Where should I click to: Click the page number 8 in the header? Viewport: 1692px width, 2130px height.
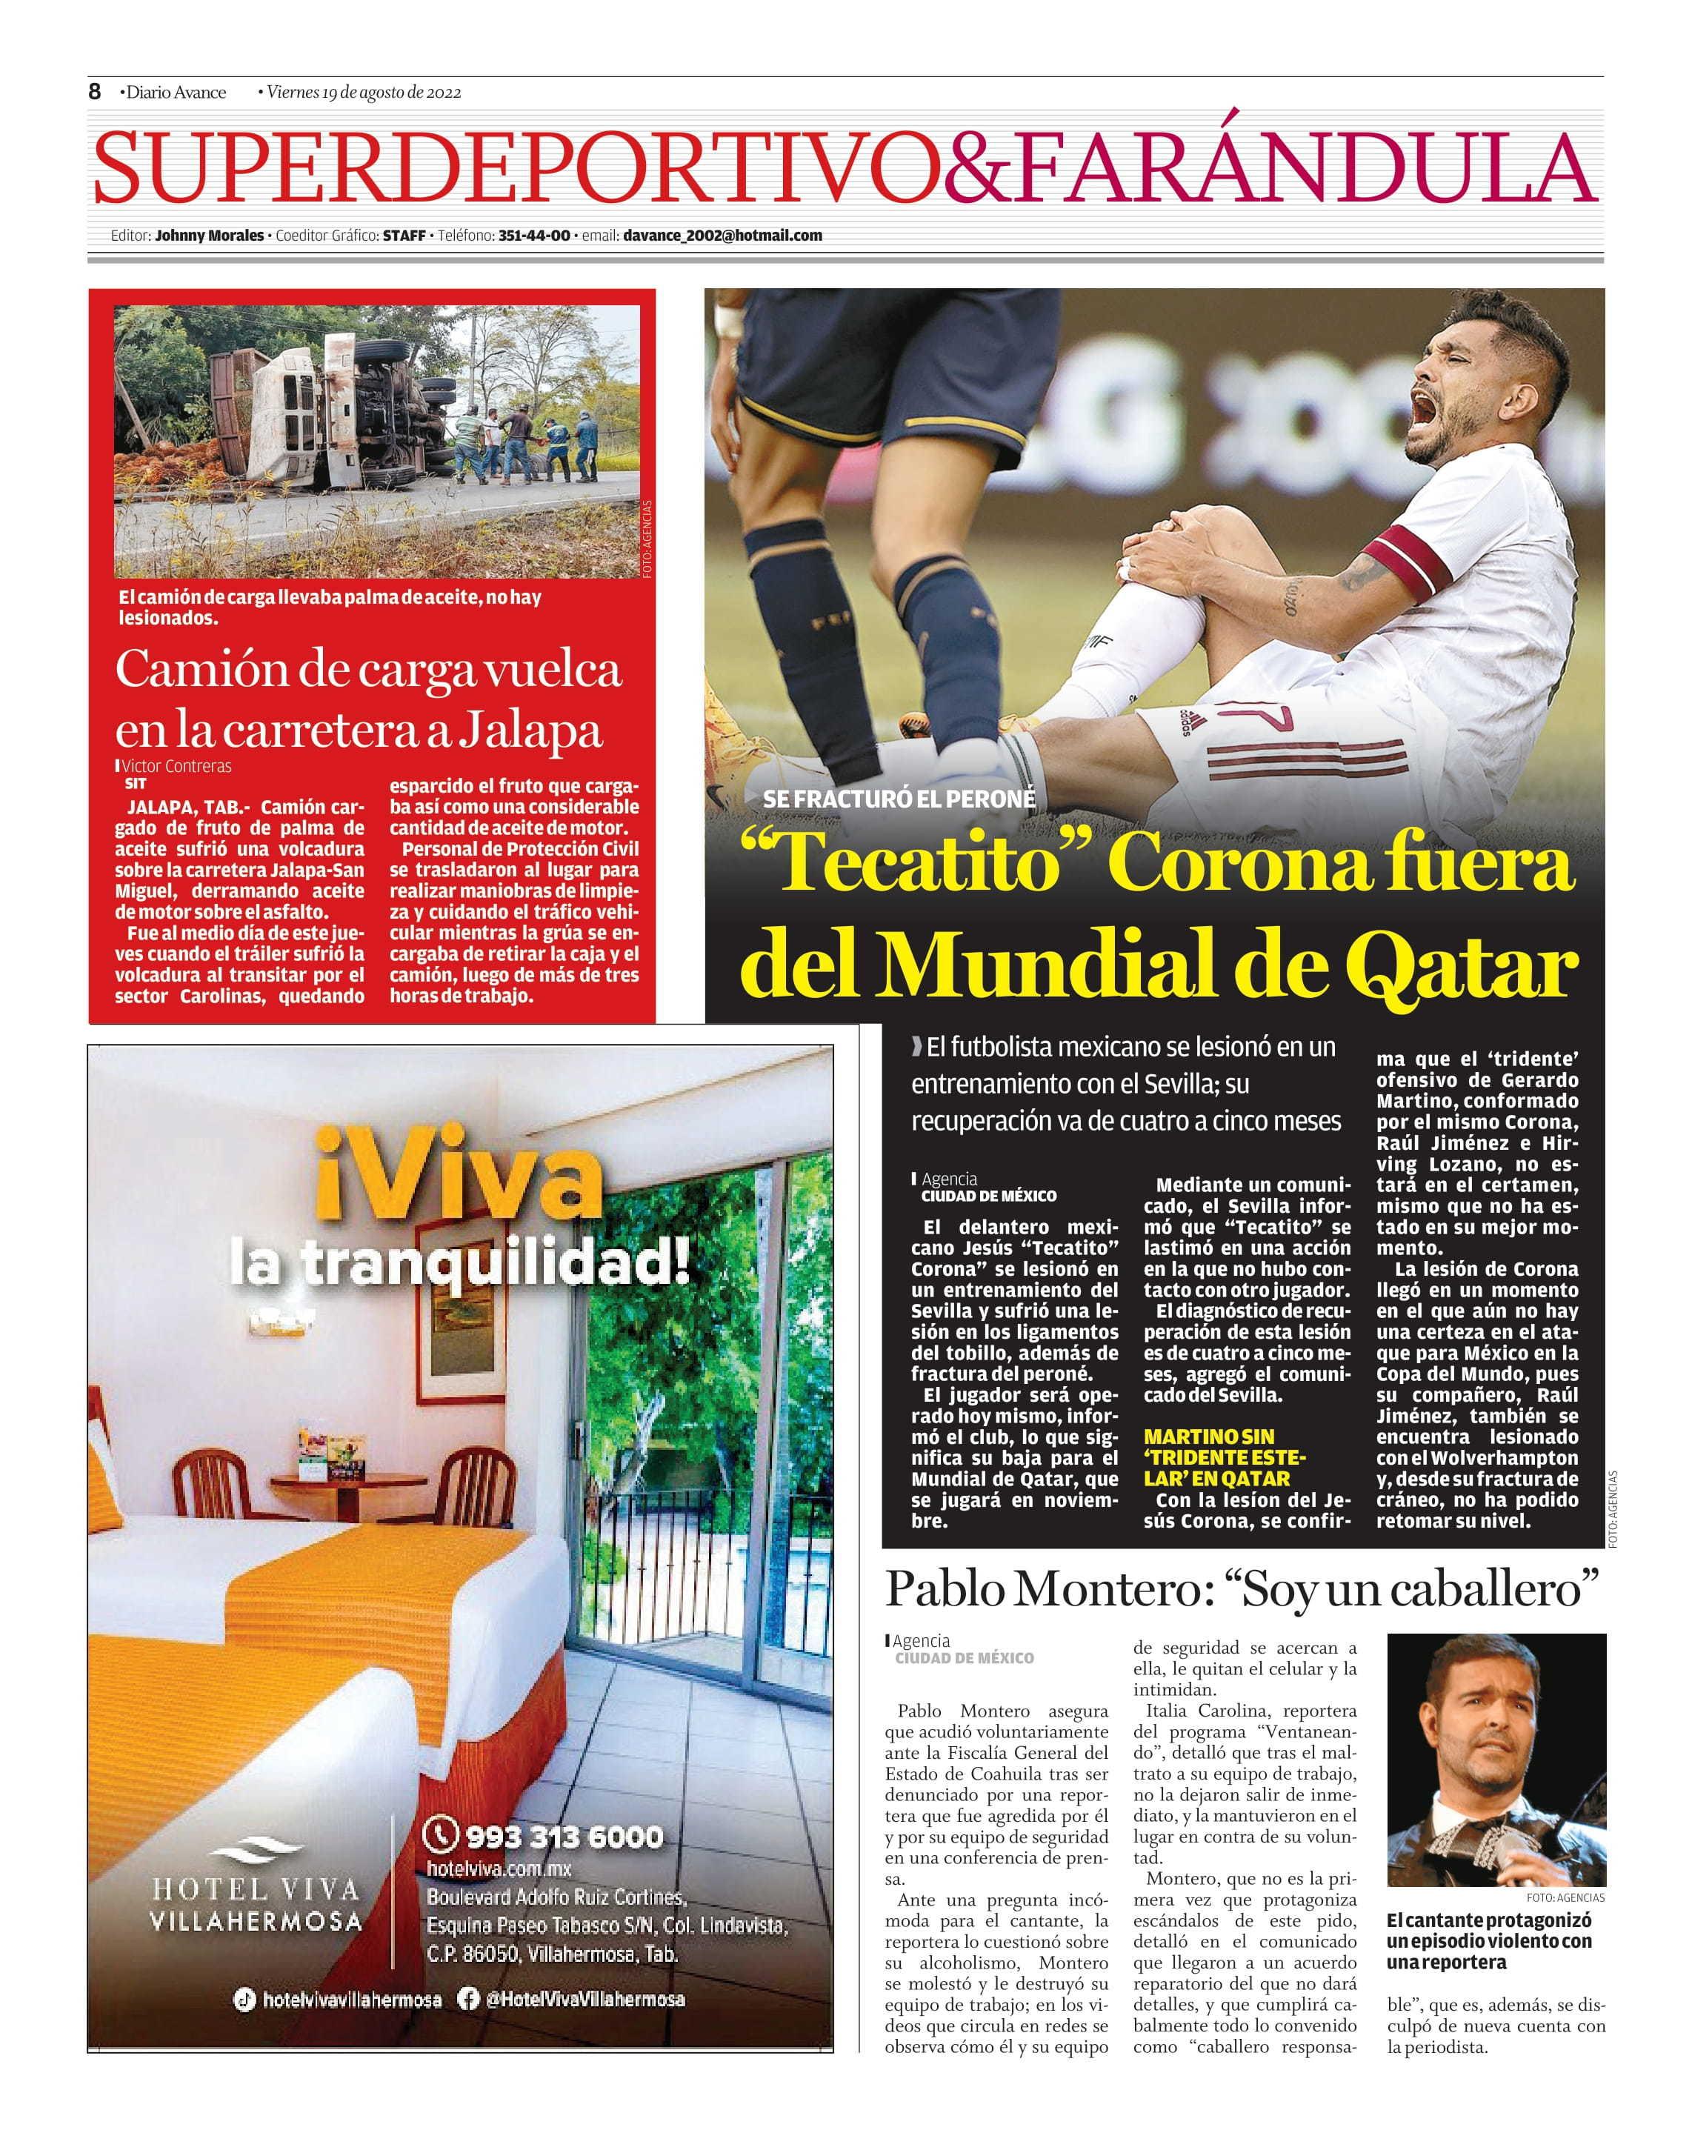(95, 92)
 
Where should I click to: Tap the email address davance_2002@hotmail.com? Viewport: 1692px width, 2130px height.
(722, 235)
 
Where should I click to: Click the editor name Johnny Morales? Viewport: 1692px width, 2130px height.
(210, 235)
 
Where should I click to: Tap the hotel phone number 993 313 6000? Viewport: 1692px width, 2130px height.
(563, 1837)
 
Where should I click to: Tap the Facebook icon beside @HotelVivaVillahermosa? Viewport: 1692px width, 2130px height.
(468, 1999)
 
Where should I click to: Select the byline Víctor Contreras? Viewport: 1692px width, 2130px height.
(177, 765)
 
